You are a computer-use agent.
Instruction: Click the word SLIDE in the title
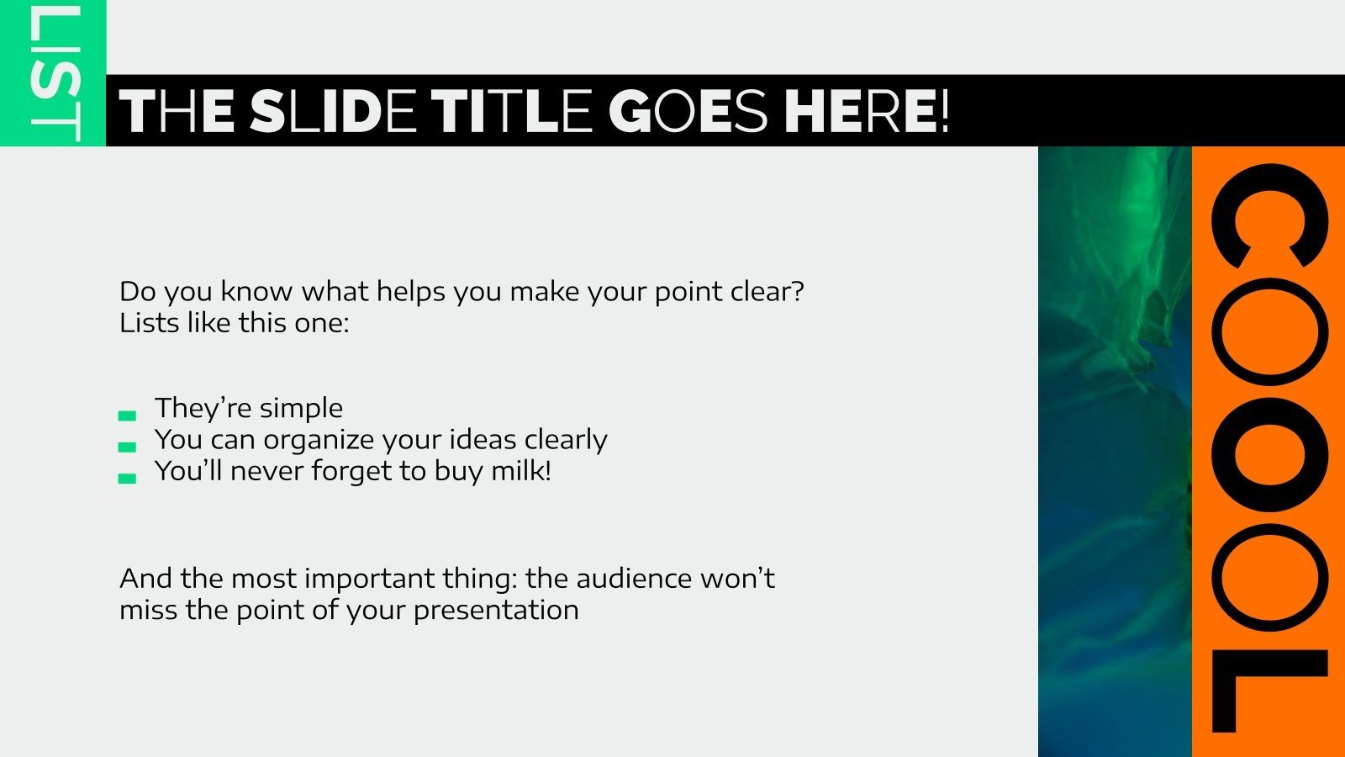[333, 112]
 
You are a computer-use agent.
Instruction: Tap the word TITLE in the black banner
[512, 112]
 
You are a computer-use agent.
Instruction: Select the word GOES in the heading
[688, 112]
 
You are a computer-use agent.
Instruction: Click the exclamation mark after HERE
[944, 112]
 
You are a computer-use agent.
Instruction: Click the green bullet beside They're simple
[127, 415]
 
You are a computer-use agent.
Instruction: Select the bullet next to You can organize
[127, 447]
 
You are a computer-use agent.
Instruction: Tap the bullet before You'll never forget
[127, 478]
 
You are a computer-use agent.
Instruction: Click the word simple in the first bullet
[301, 409]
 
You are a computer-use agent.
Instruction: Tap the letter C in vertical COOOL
[1269, 216]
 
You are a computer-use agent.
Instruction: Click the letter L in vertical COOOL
[1269, 690]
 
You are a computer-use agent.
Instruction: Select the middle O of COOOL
[1269, 455]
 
